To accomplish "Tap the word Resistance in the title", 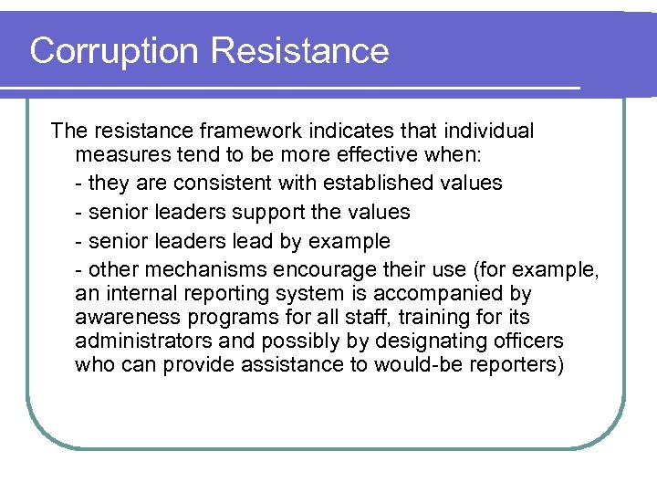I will (300, 51).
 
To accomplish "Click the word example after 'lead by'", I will (349, 241).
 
